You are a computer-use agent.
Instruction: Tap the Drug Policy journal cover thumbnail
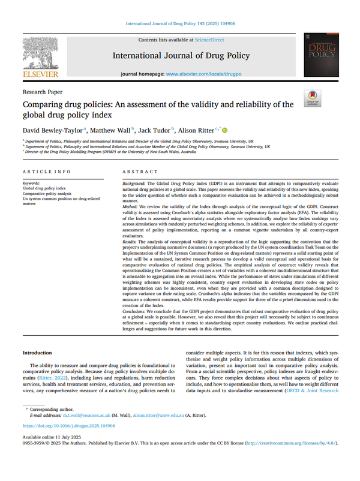coord(321,55)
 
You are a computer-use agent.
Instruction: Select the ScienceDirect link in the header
coord(208,40)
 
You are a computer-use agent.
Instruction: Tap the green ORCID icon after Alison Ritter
coord(226,129)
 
